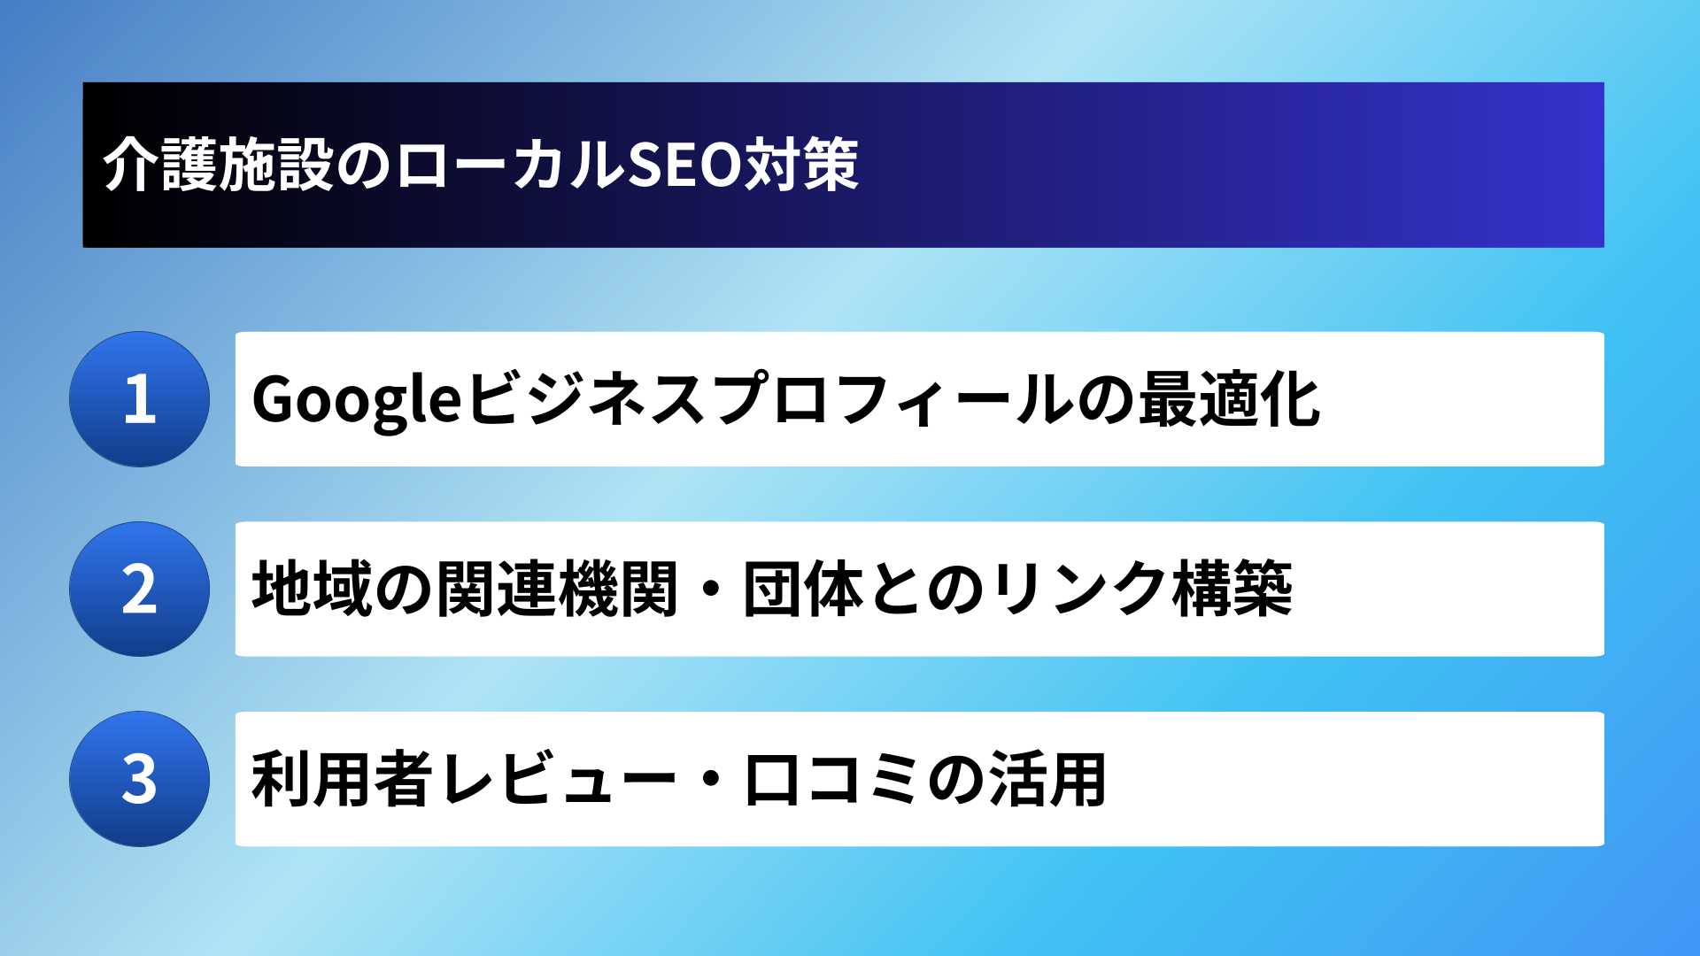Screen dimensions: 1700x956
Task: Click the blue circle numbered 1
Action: [140, 399]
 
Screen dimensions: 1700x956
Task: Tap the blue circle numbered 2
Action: [140, 589]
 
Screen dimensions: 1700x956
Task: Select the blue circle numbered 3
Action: [140, 779]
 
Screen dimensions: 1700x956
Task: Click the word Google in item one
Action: [357, 401]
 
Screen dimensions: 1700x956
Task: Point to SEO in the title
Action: [684, 165]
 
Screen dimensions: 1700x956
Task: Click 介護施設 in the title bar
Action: [218, 165]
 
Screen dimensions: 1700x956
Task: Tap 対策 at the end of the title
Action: [800, 165]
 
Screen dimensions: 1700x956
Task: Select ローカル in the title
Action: [510, 165]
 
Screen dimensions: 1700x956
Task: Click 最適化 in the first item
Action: [1229, 399]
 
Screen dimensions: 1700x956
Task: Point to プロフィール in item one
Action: [891, 399]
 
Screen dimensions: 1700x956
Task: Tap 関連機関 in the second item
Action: [556, 589]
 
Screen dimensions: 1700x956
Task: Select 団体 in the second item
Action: [803, 589]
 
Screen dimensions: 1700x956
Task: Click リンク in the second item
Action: [1080, 589]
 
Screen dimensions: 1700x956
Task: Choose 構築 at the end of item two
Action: [1232, 589]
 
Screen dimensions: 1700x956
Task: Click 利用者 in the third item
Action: [343, 779]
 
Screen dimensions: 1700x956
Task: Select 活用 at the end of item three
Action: [1047, 779]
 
